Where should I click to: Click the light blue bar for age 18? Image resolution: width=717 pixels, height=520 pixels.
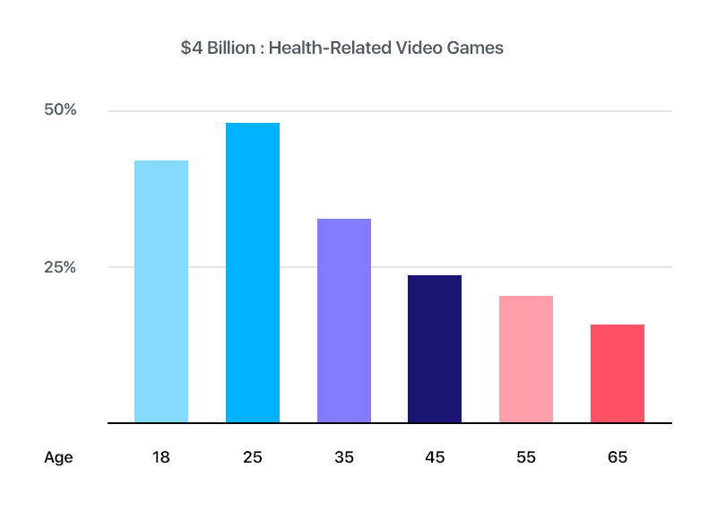[x=161, y=291]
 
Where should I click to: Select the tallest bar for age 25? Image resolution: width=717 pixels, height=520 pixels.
[x=253, y=273]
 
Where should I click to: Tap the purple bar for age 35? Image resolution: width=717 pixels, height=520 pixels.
[x=344, y=320]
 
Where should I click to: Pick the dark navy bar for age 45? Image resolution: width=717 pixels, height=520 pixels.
[x=435, y=349]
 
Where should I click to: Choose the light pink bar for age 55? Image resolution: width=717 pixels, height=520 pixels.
[x=526, y=359]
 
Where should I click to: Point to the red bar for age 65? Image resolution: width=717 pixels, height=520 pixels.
[x=618, y=373]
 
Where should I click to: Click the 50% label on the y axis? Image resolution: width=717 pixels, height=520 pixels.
[x=61, y=110]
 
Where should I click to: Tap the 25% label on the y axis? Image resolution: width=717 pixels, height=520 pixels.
[x=61, y=267]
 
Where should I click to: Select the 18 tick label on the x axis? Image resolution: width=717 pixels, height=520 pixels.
[x=161, y=457]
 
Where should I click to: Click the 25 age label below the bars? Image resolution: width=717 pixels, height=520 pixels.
[x=253, y=457]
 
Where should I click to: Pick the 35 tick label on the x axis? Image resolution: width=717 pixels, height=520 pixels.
[x=344, y=457]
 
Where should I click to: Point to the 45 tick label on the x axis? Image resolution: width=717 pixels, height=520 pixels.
[x=435, y=457]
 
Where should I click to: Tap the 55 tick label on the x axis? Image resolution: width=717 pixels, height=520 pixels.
[x=526, y=457]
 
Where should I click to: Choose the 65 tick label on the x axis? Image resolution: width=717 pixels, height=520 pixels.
[x=618, y=457]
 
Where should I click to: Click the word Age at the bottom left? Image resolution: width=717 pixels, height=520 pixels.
[x=58, y=458]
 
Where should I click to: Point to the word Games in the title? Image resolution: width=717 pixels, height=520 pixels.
[x=477, y=48]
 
